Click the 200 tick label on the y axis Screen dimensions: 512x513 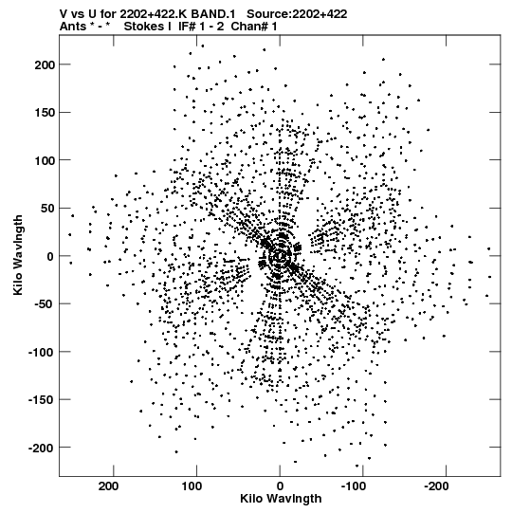45,64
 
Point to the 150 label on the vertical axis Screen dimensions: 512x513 45,113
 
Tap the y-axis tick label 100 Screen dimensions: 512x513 45,160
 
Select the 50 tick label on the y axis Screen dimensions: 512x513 47,208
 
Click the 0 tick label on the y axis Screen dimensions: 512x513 50,256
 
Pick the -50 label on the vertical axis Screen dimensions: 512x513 44,304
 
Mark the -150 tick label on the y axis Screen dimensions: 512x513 41,399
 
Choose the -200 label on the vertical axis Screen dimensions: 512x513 41,448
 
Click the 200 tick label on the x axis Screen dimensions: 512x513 109,486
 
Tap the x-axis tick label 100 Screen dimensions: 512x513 192,486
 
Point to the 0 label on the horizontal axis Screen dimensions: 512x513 280,486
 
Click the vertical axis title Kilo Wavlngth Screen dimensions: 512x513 18,255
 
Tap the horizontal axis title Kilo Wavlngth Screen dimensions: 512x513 281,499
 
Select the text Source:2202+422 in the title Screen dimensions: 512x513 297,13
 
